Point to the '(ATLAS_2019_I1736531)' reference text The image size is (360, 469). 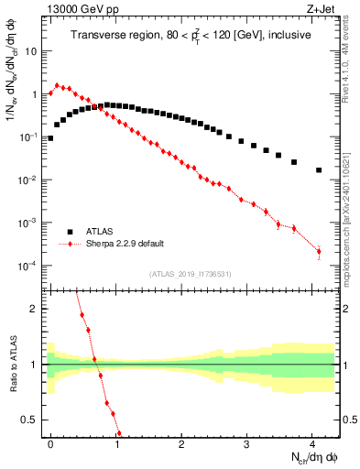[x=191, y=275]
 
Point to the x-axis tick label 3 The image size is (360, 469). [x=247, y=442]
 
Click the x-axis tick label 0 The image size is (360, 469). [x=50, y=442]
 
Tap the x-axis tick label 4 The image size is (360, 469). [x=312, y=442]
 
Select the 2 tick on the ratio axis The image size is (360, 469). [x=37, y=309]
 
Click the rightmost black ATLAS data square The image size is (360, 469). [x=319, y=170]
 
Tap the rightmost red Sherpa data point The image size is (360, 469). [x=319, y=252]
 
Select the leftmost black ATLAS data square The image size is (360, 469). [x=50, y=138]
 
